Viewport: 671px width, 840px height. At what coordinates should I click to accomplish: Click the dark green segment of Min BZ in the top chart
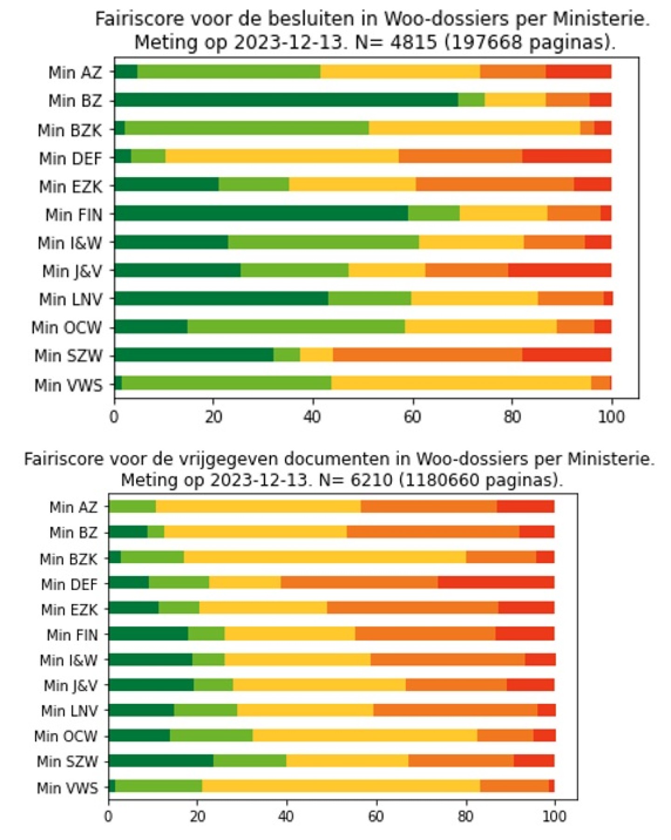[286, 100]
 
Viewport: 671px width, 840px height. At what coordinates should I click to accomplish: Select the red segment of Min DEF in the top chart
[567, 156]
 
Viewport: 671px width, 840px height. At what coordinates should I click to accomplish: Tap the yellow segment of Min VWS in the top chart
[461, 383]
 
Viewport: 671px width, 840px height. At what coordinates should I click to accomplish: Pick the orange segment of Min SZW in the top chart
[427, 355]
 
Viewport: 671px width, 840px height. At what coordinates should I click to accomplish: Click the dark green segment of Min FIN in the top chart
[261, 213]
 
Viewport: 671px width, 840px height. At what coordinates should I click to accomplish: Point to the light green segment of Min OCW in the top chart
[296, 326]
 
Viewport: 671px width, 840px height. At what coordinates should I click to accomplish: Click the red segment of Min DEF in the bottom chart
[496, 582]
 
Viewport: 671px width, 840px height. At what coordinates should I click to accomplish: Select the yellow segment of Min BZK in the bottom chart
[325, 557]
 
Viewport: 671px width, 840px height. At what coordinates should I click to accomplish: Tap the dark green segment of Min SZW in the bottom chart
[161, 760]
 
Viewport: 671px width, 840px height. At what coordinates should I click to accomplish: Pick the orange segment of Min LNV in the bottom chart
[455, 710]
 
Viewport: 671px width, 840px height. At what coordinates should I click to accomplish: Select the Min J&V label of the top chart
[72, 271]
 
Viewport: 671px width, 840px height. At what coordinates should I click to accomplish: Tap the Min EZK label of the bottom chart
[69, 609]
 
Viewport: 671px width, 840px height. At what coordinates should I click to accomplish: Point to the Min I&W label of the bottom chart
[68, 660]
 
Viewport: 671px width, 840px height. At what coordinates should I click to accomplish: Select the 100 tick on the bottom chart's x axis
[555, 816]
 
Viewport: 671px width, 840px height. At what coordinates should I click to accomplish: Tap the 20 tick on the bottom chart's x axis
[198, 816]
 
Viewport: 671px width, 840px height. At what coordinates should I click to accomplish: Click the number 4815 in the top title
[415, 42]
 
